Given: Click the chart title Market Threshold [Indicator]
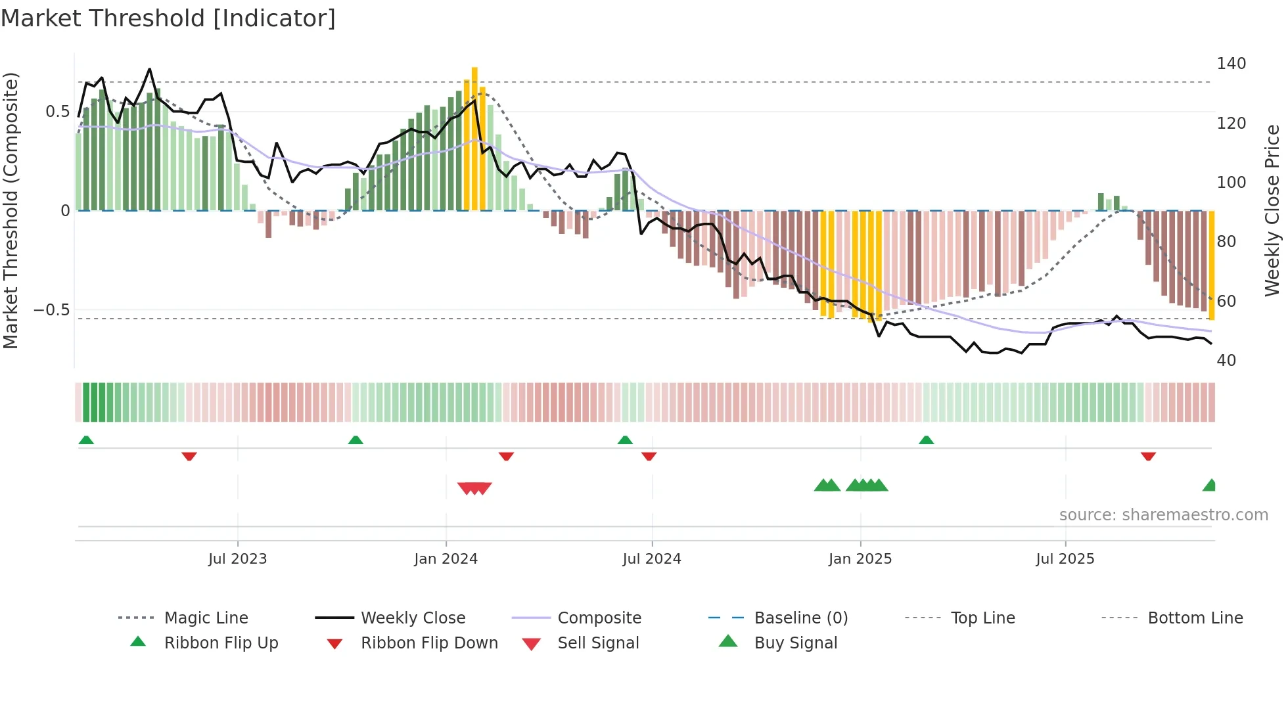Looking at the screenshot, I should click(168, 18).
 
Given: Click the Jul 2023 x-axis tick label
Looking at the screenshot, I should click(237, 559).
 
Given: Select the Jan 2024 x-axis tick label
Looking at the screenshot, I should click(446, 559).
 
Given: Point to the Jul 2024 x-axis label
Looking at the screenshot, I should click(651, 559).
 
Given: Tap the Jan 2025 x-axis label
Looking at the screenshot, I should click(860, 559).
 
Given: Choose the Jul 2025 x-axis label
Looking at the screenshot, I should click(1065, 559).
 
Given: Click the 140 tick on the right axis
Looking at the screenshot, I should click(1231, 64).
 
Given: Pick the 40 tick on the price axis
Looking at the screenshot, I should click(1226, 361).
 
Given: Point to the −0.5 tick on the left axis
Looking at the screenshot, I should click(51, 310).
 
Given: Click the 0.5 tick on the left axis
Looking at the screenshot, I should click(57, 112).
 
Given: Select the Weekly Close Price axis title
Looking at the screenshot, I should click(1272, 210).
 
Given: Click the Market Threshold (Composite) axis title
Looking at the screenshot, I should click(11, 210).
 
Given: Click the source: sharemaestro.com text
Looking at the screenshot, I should click(1163, 515).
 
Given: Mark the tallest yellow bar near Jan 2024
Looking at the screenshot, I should click(474, 138).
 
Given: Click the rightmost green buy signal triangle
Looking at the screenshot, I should click(1210, 486).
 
